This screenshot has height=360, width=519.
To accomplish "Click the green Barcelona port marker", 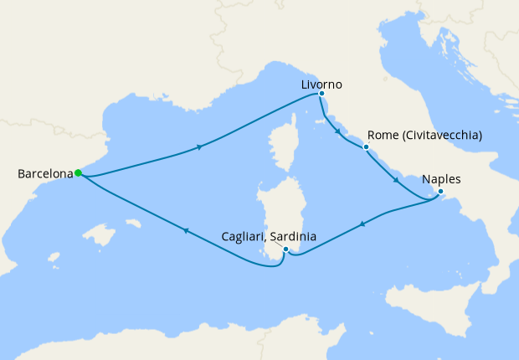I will pyautogui.click(x=78, y=173).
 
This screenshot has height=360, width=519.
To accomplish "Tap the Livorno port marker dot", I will pyautogui.click(x=321, y=95).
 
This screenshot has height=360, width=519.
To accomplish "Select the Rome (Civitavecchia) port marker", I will pyautogui.click(x=366, y=147).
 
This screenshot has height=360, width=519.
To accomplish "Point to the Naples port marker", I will pyautogui.click(x=440, y=192).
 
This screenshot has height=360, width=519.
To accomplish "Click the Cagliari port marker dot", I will pyautogui.click(x=286, y=249).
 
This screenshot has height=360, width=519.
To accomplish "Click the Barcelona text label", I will pyautogui.click(x=44, y=174).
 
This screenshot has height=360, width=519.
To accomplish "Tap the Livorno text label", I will pyautogui.click(x=321, y=84).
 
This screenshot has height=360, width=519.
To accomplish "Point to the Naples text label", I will pyautogui.click(x=442, y=179).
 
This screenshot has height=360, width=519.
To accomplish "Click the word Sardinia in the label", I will pyautogui.click(x=293, y=237).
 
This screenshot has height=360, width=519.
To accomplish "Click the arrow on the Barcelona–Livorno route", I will pyautogui.click(x=199, y=148).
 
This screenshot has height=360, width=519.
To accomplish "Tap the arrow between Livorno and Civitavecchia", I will pyautogui.click(x=337, y=131).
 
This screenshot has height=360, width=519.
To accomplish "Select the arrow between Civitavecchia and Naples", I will pyautogui.click(x=397, y=179).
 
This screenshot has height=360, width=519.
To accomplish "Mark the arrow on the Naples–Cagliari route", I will pyautogui.click(x=362, y=224).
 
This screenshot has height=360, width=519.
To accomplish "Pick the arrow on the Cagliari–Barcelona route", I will pyautogui.click(x=185, y=231).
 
